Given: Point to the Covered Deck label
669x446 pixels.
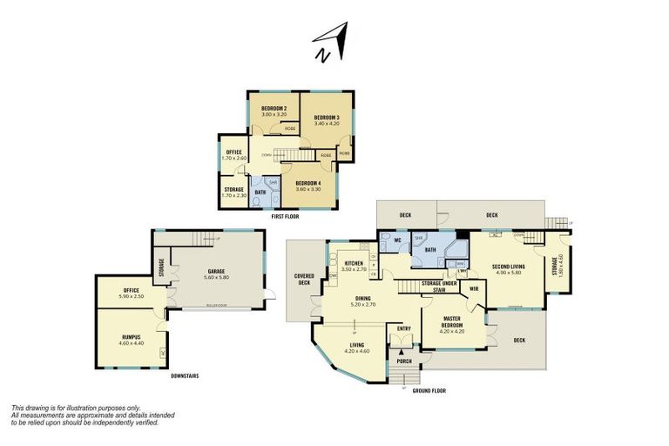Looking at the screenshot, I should click(x=303, y=279).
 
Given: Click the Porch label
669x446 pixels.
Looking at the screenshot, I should click(x=404, y=360).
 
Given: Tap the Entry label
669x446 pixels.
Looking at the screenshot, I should click(x=403, y=328).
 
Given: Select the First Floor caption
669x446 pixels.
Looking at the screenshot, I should click(x=287, y=215).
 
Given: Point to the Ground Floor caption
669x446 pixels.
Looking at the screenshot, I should click(x=429, y=391).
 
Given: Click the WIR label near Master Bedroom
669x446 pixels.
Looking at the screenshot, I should click(x=475, y=288).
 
